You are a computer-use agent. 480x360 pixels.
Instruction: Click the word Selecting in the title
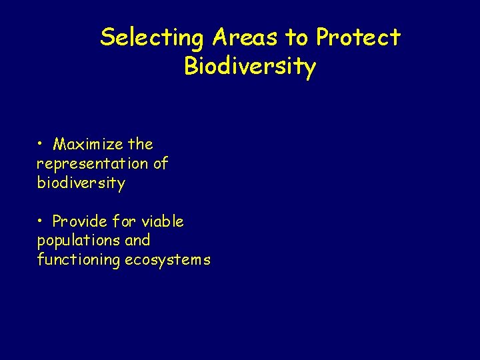click(153, 38)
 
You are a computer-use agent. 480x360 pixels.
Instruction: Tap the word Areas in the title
click(247, 38)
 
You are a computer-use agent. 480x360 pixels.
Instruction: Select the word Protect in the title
click(358, 38)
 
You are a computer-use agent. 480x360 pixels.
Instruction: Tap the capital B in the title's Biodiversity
click(192, 67)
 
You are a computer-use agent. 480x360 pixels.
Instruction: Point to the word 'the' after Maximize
click(141, 145)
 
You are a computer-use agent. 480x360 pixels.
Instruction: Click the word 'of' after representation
click(161, 164)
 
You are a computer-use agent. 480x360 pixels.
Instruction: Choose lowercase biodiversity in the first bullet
click(81, 183)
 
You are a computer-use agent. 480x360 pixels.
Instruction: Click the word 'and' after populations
click(138, 241)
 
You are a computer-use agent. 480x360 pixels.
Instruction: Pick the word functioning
click(78, 260)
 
